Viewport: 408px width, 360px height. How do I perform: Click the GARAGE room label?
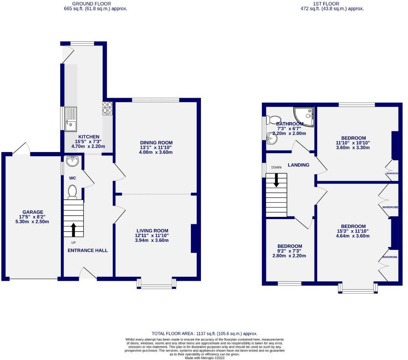(x=33, y=212)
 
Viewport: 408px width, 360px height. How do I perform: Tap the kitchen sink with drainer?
(x=71, y=119)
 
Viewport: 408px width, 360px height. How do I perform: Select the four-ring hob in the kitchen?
(x=107, y=108)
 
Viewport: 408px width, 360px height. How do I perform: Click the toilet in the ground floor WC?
(x=72, y=192)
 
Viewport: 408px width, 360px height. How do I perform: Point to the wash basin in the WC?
(x=72, y=161)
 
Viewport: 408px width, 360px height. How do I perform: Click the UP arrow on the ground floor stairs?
(x=73, y=230)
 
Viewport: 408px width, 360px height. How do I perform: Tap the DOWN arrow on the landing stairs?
(x=276, y=180)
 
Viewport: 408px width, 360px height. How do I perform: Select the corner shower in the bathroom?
(x=305, y=116)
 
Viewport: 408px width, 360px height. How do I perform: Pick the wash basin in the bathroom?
(x=272, y=139)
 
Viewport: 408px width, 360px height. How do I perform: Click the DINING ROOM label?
(x=156, y=143)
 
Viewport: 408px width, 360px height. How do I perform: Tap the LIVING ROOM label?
(x=152, y=231)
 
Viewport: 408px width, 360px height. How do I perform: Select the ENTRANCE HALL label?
(x=88, y=251)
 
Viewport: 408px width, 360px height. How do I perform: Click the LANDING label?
(x=298, y=165)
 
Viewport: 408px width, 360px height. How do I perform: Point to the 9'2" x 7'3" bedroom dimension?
(x=290, y=251)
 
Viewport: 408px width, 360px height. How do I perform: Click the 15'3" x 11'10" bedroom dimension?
(x=353, y=231)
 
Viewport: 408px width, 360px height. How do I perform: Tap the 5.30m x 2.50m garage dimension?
(x=33, y=222)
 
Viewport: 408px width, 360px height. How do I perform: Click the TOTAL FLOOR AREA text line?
(x=204, y=334)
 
